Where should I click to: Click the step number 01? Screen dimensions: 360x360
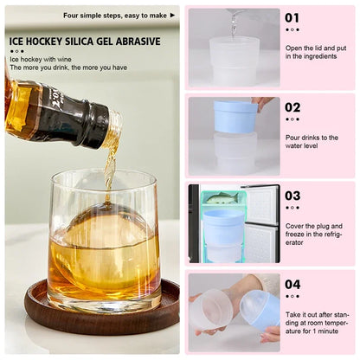coord(293,17)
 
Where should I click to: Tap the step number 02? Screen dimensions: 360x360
coord(293,107)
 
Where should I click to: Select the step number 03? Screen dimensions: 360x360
coord(293,196)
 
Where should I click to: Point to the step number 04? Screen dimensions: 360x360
coord(293,284)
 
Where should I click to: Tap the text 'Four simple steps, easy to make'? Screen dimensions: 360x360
coord(114,15)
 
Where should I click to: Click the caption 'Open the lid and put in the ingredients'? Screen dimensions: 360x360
coord(316,51)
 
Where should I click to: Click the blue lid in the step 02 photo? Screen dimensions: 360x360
coord(235,118)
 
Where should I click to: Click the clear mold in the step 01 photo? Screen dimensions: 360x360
coord(234,61)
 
